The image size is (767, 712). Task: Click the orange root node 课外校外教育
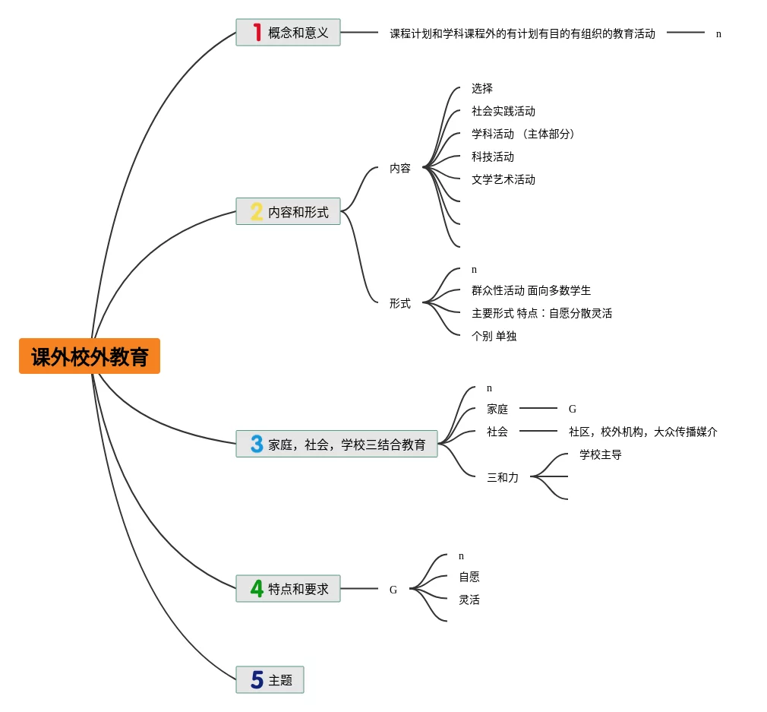pos(90,356)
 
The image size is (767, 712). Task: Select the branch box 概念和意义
pos(289,33)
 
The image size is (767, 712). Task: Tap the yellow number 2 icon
pos(257,212)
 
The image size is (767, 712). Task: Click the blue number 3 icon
pos(257,445)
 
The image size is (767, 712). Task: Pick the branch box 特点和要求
pos(289,589)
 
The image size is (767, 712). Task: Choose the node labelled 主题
pos(270,680)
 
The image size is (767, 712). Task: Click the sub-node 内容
pos(400,169)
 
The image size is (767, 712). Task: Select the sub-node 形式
pos(400,303)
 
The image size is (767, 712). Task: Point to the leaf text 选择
pos(482,89)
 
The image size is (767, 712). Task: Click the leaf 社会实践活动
pos(503,112)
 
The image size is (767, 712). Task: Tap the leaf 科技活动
pos(493,157)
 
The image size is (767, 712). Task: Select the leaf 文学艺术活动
pos(503,180)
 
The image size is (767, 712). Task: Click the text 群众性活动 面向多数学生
pos(531,291)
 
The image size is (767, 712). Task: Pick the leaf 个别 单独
pos(494,337)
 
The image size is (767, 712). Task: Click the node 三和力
pos(503,478)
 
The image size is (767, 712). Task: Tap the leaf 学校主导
pos(601,455)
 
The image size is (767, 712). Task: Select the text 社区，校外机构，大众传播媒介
pos(643,432)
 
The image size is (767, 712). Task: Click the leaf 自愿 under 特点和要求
pos(469,578)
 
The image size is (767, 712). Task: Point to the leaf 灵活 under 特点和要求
pos(469,600)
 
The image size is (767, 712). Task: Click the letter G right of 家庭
pos(573,410)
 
